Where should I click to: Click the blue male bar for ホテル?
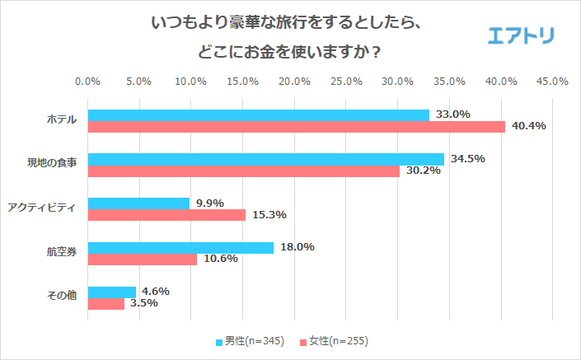[x=258, y=115]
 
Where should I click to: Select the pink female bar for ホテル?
[x=296, y=127]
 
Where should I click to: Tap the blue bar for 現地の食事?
[x=265, y=159]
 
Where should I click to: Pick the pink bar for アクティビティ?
[x=166, y=215]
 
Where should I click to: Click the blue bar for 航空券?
[x=180, y=247]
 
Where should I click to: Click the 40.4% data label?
[x=529, y=127]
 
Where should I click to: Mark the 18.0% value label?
[x=298, y=247]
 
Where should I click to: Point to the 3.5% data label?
[x=141, y=303]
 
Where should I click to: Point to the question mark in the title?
[x=377, y=52]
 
